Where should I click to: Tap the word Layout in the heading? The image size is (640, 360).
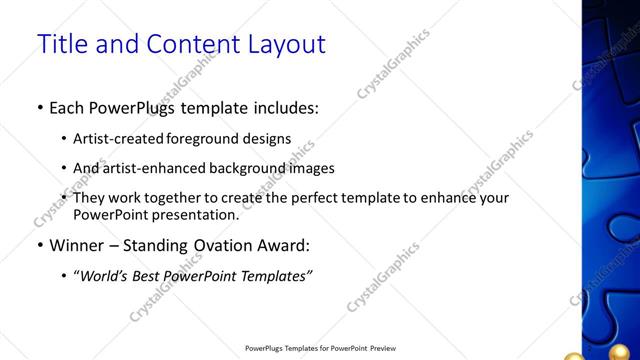(x=284, y=44)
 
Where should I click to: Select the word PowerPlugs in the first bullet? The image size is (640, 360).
(x=136, y=107)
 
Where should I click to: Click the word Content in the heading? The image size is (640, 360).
(x=180, y=44)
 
